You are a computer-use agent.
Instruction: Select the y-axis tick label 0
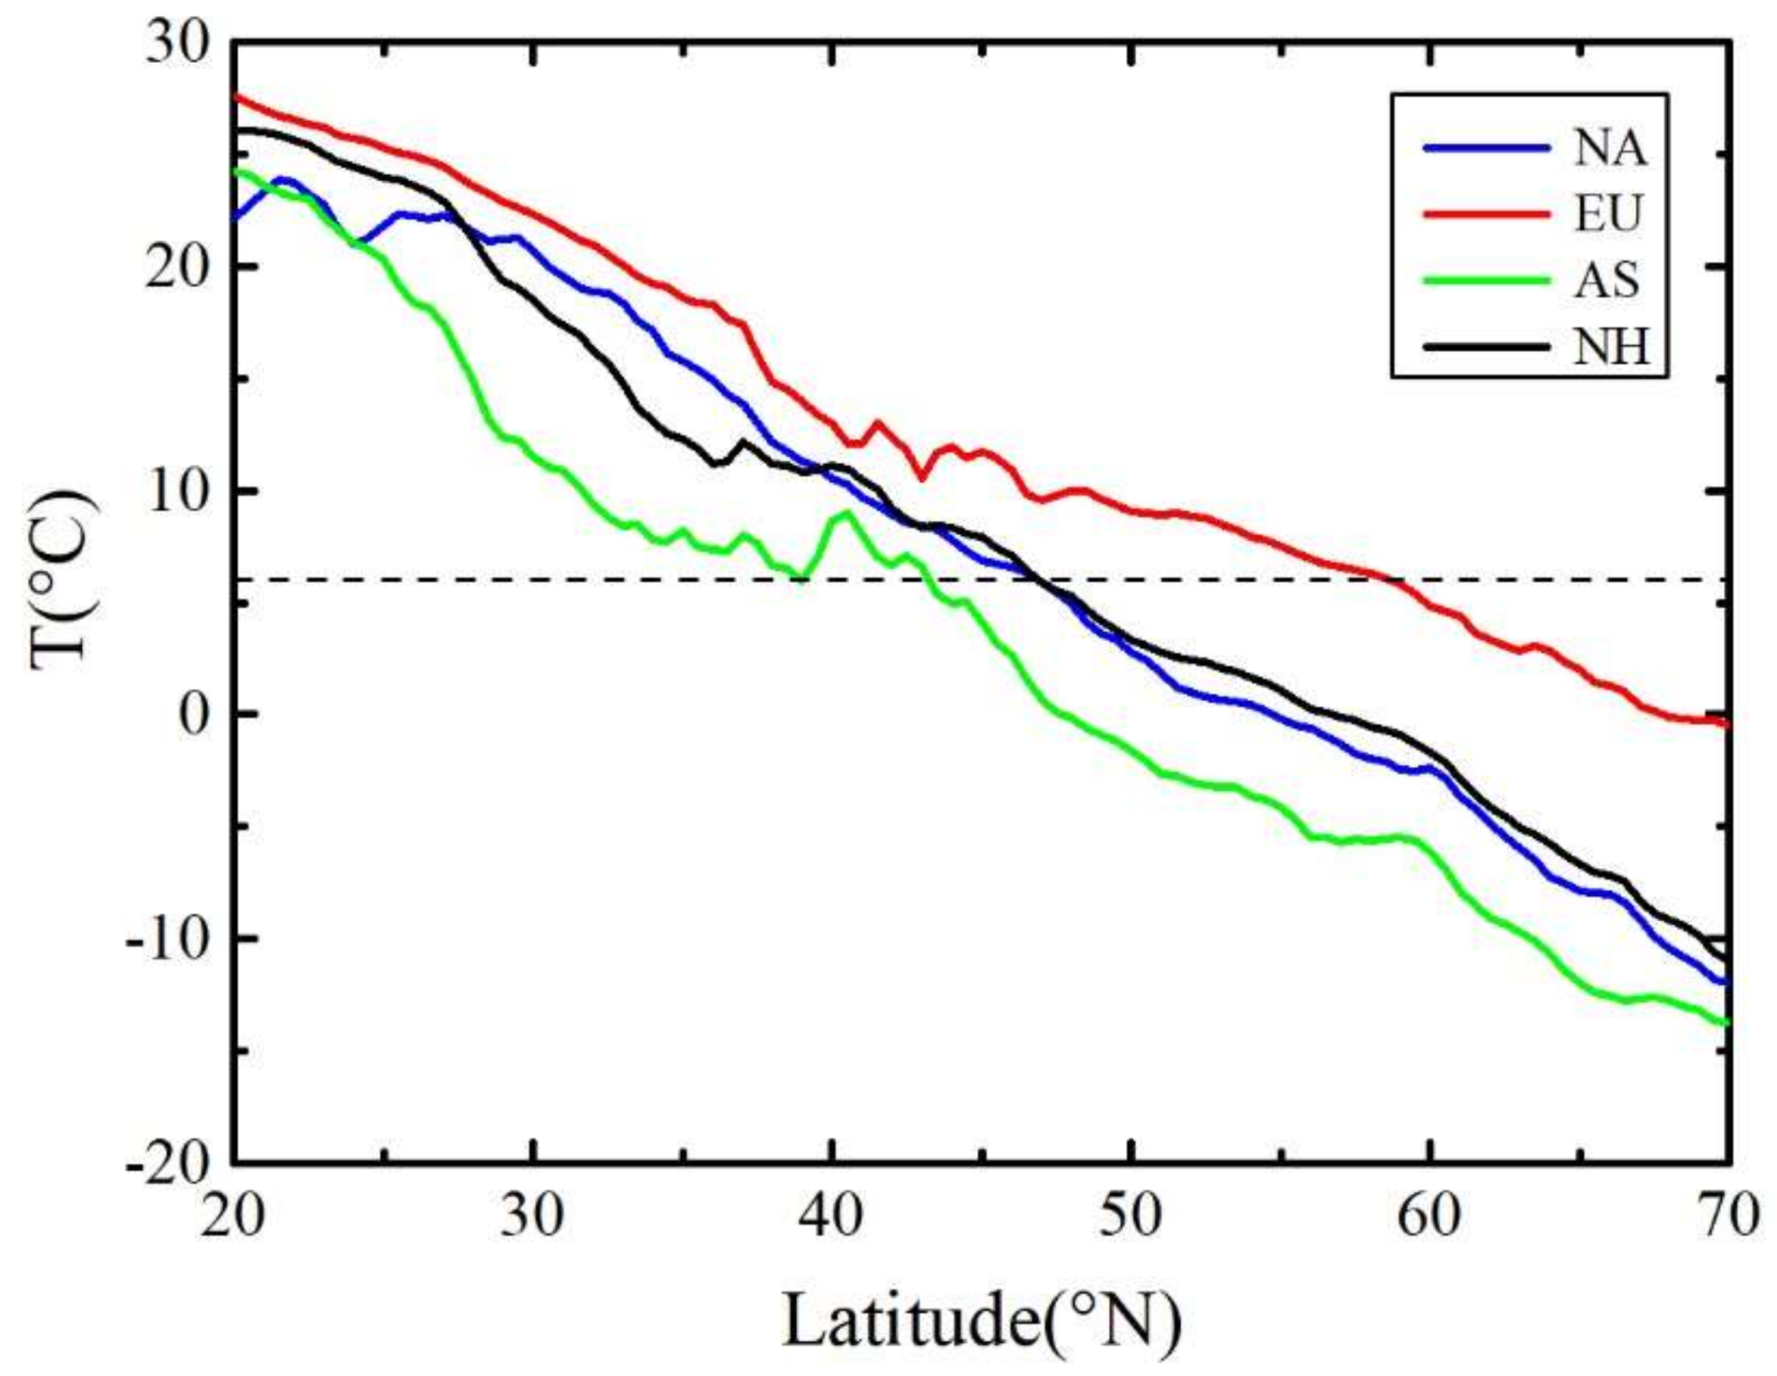tap(195, 714)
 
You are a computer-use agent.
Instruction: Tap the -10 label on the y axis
tap(167, 939)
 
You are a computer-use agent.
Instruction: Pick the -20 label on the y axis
tap(167, 1163)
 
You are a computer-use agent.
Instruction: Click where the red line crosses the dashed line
tap(1396, 581)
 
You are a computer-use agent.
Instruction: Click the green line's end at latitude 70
tap(1724, 1023)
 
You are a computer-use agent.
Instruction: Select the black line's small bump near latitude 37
tap(742, 441)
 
